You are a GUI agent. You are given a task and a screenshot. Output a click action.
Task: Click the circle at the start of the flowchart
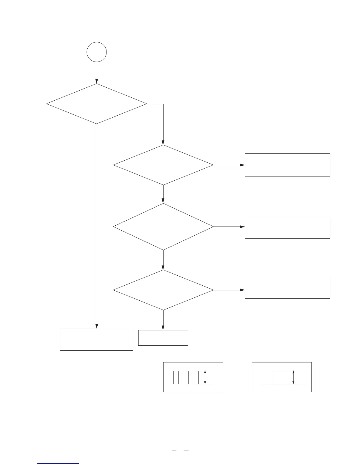[x=96, y=52]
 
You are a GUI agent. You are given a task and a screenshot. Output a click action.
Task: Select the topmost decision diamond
[x=96, y=104]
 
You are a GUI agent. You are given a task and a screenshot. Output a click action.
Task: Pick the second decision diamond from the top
[x=163, y=165]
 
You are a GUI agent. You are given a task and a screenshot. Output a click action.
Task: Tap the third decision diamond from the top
[x=163, y=227]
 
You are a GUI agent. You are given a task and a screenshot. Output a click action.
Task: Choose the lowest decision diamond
[x=163, y=290]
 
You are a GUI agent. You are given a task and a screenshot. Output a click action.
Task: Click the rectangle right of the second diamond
[x=287, y=165]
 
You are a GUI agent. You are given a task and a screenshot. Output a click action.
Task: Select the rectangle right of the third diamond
[x=287, y=227]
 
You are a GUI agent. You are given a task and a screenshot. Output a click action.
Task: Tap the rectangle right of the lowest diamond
[x=287, y=287]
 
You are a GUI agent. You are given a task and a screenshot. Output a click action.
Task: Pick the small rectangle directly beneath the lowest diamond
[x=163, y=338]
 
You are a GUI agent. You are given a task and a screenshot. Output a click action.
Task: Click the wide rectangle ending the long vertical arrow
[x=96, y=339]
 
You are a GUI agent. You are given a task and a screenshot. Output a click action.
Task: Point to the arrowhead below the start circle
[x=96, y=81]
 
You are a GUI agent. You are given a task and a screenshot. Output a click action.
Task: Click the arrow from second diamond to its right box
[x=229, y=165]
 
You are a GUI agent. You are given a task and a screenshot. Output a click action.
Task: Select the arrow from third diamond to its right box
[x=229, y=227]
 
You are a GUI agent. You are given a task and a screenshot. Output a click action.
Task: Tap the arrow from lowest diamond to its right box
[x=229, y=290]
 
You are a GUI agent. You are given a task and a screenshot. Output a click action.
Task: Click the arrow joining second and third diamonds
[x=163, y=194]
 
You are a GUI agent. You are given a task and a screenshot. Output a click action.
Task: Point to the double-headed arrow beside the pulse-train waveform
[x=205, y=377]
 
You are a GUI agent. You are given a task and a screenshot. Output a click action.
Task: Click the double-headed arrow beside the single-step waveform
[x=293, y=377]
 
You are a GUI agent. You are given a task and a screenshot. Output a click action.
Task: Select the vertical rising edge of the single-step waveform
[x=273, y=377]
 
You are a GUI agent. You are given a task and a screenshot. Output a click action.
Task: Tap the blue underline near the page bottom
[x=58, y=464]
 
